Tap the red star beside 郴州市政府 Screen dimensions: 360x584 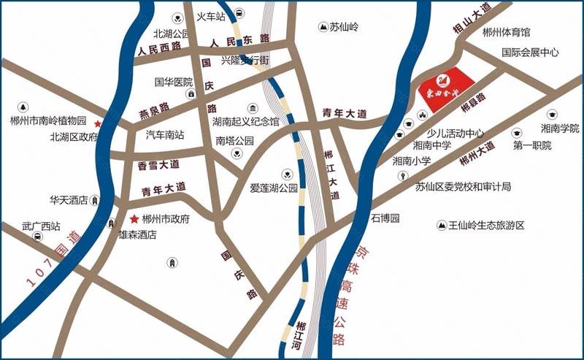point(134,219)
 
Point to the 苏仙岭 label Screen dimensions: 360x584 point(345,27)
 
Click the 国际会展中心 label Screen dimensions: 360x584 point(530,53)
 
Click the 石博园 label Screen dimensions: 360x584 point(385,218)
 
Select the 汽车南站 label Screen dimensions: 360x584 point(165,135)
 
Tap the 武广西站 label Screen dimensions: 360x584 point(39,226)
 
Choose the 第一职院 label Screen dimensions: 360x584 point(532,146)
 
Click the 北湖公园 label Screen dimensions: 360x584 point(171,34)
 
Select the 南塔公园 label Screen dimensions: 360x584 point(234,140)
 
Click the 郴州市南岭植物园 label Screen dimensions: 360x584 point(48,120)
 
